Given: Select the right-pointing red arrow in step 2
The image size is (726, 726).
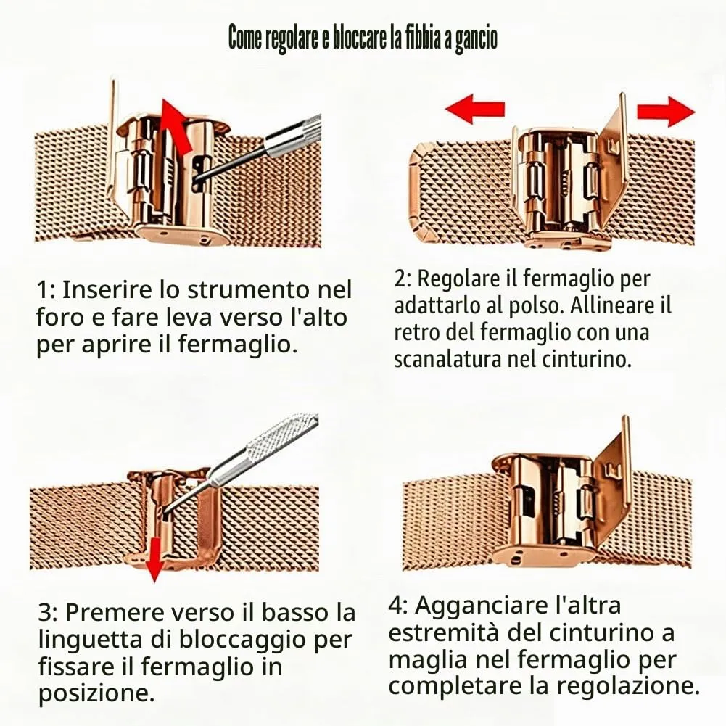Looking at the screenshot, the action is (x=666, y=111).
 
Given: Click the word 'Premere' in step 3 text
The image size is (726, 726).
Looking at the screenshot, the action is (x=115, y=613).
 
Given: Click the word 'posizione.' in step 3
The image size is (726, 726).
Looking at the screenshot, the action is (x=96, y=693).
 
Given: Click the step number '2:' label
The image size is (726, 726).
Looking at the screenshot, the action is (x=403, y=279).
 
